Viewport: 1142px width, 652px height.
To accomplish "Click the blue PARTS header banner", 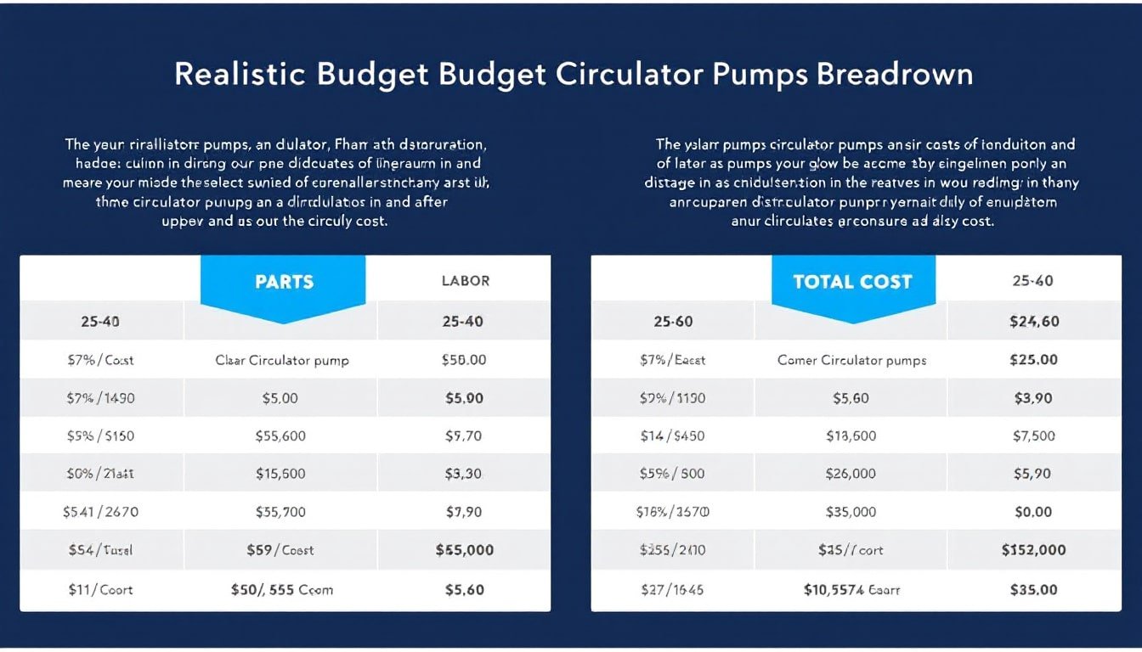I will tap(284, 282).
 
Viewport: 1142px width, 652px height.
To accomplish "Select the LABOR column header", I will tap(465, 281).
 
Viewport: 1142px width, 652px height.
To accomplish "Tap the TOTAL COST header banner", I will tap(852, 282).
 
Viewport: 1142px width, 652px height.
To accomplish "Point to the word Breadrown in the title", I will tap(894, 74).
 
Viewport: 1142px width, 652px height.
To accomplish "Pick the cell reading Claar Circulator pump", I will tap(282, 360).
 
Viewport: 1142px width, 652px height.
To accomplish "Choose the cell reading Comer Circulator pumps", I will tap(851, 360).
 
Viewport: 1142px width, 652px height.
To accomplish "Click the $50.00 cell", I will tap(464, 360).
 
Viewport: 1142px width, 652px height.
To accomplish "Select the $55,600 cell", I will tap(280, 436).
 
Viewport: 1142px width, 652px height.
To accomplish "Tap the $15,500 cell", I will tap(280, 475).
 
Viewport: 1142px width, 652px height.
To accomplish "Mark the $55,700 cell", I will tap(280, 513).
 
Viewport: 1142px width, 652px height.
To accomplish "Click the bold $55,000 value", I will tap(464, 550).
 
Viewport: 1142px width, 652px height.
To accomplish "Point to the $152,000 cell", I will tap(1033, 550).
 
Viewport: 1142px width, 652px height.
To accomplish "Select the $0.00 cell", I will tap(1033, 513).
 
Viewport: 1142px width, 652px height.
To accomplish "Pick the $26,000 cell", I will tap(851, 475).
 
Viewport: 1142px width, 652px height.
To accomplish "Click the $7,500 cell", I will tap(1033, 436).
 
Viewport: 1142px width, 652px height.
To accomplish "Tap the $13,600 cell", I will tap(851, 436).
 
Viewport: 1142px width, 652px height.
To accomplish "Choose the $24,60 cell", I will tap(1033, 322).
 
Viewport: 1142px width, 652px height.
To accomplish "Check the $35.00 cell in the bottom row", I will tap(1033, 589).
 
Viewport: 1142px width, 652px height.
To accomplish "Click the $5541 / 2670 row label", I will tap(100, 513).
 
